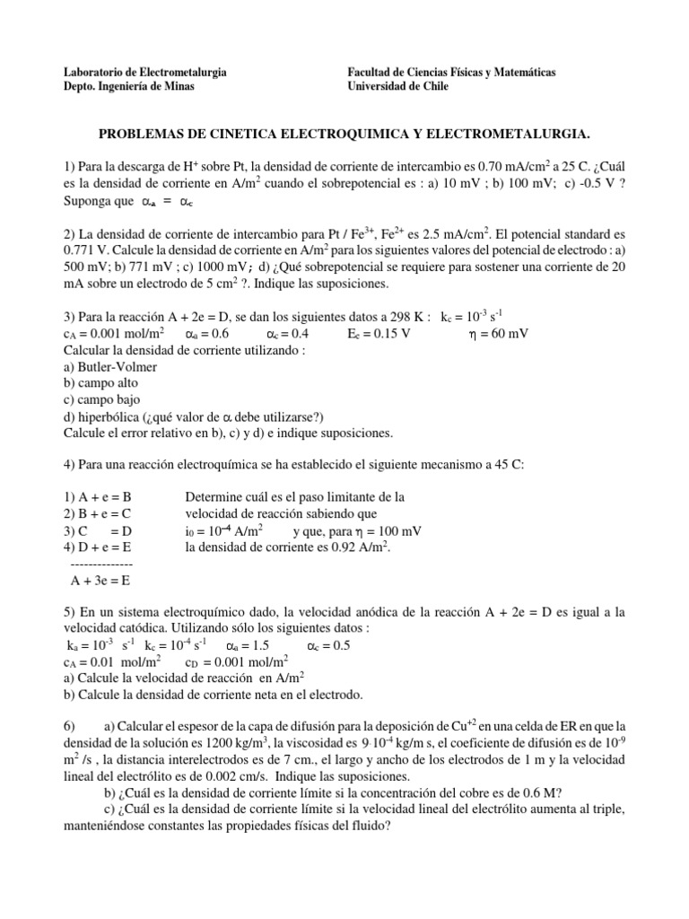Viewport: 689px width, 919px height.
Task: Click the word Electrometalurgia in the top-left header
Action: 179,71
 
